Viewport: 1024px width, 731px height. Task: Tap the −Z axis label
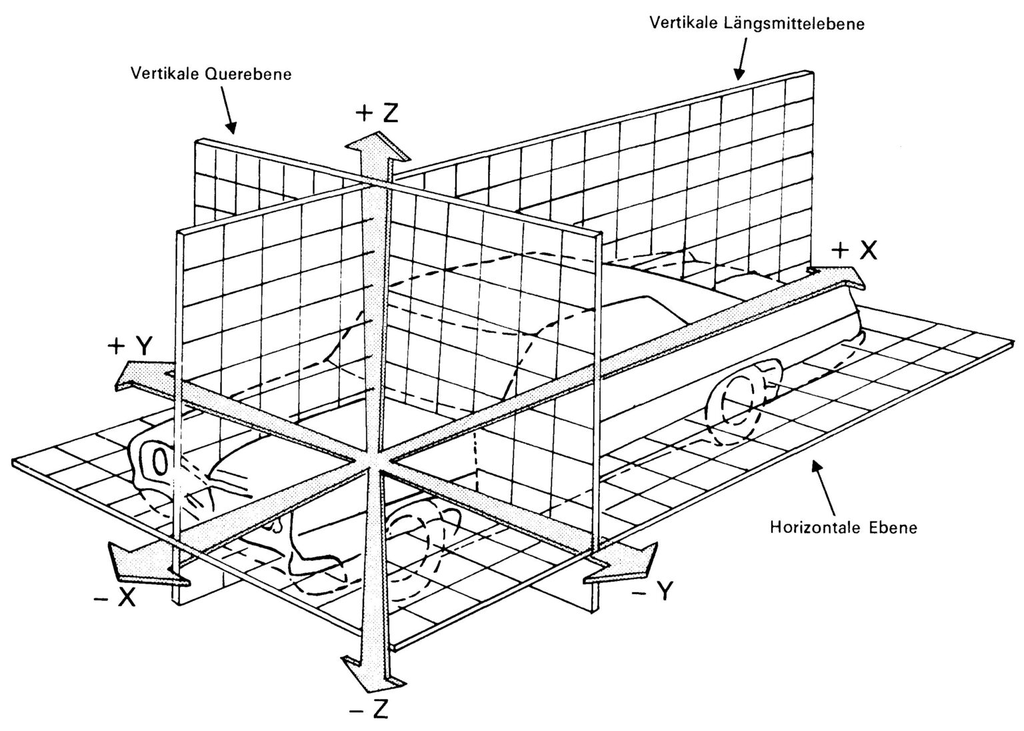pos(369,710)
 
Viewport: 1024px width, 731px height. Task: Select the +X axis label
pos(854,251)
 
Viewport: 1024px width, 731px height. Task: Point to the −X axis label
pos(115,596)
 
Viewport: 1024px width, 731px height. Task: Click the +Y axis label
pos(130,346)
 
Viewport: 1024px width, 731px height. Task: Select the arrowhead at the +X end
pos(837,277)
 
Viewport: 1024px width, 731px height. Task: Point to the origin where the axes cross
pos(376,462)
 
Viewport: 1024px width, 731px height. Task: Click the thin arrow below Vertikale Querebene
pos(229,110)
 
